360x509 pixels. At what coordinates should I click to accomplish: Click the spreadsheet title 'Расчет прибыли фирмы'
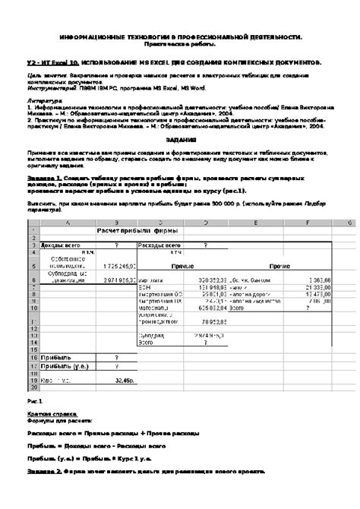click(135, 231)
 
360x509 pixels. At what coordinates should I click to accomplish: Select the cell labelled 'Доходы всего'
click(59, 245)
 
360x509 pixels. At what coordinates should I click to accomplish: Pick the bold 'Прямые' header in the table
click(180, 267)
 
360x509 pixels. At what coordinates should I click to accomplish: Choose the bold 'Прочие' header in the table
click(280, 267)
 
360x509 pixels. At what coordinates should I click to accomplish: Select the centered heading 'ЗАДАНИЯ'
click(180, 141)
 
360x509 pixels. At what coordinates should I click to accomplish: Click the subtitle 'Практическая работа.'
click(180, 46)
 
